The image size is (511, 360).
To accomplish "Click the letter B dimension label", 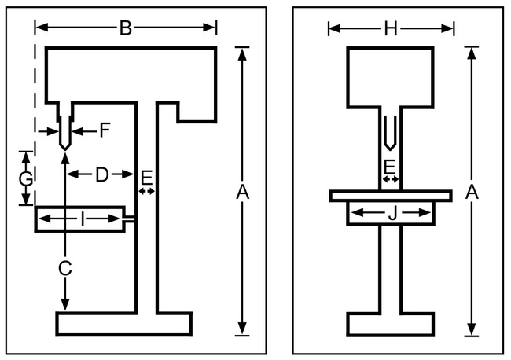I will (x=125, y=28).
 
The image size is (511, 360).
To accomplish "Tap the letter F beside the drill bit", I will (x=105, y=130).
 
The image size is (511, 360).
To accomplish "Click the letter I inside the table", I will (x=83, y=219).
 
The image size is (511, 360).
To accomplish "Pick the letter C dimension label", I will (x=65, y=267).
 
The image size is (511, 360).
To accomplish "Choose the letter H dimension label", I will (x=391, y=29).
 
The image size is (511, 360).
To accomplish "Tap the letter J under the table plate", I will (x=391, y=213).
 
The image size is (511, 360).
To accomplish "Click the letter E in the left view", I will (x=146, y=176).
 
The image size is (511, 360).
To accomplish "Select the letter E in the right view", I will (x=389, y=166).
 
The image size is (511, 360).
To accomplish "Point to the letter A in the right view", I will (x=472, y=191).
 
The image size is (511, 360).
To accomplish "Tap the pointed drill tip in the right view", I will (x=390, y=146).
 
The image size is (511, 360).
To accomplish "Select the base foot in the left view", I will (x=124, y=323).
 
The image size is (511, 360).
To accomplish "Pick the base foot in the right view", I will (x=390, y=323).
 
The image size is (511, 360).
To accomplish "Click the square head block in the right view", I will (x=390, y=76).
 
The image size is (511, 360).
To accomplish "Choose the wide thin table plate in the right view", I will (x=391, y=194).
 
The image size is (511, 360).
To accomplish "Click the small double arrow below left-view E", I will (x=146, y=191).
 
